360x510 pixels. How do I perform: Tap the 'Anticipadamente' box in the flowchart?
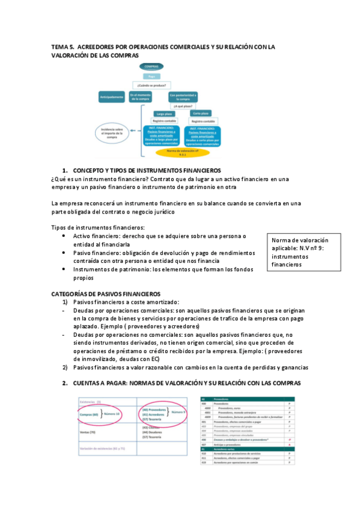coord(112,96)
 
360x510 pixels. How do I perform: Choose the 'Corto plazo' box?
coord(200,113)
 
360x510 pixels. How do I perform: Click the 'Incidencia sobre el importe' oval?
coord(112,132)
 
